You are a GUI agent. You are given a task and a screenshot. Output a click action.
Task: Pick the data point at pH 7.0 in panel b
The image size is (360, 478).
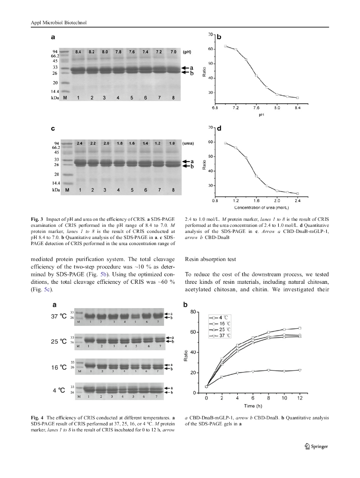(225, 46)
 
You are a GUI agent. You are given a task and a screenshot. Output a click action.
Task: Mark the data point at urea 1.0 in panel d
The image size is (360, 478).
(225, 143)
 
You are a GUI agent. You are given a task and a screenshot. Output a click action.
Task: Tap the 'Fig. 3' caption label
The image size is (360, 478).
(38, 219)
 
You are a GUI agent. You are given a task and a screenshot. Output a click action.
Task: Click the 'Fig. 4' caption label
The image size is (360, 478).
(38, 417)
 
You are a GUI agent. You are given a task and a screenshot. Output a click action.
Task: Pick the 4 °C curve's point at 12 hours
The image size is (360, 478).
(300, 328)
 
